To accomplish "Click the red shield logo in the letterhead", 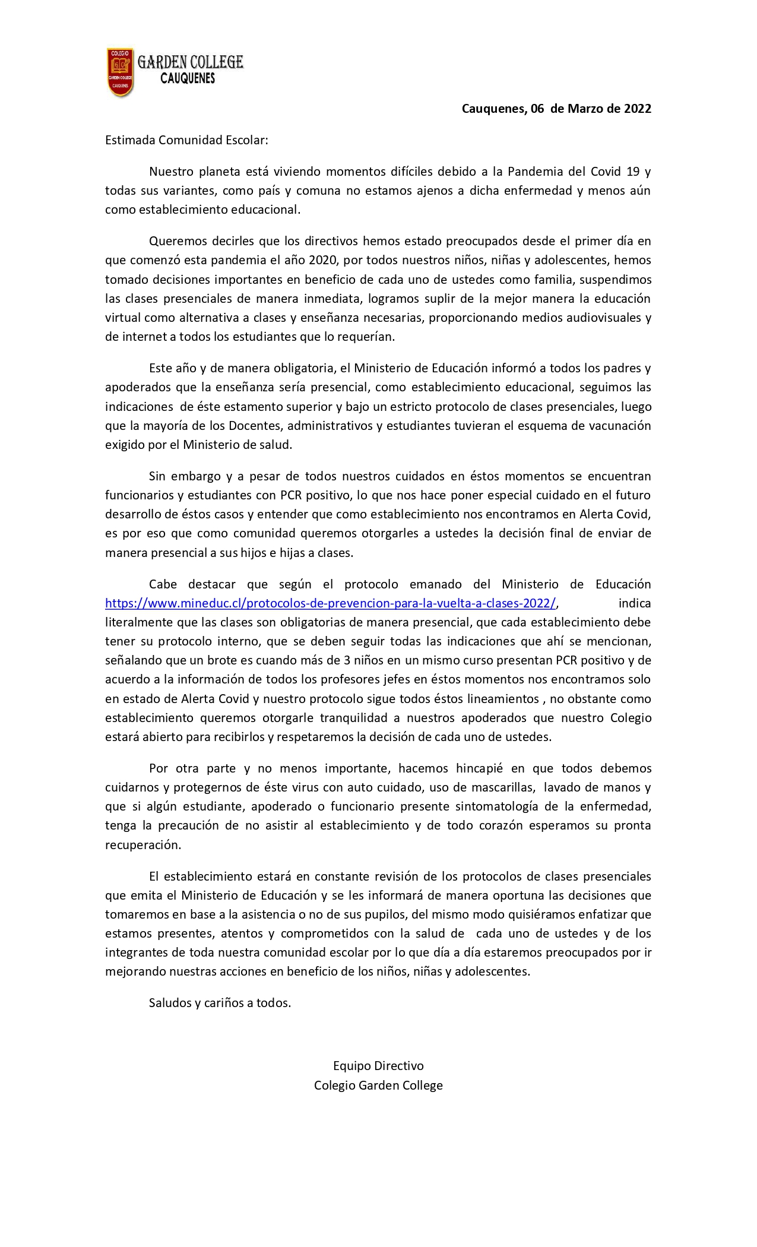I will coord(119,72).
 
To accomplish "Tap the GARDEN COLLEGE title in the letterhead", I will coord(190,62).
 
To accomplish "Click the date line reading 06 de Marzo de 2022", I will coord(556,109).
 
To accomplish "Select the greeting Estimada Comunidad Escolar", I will coord(187,141).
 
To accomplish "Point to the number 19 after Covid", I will coord(633,172).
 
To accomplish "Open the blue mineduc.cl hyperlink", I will coord(330,603).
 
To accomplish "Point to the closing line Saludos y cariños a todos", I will coord(220,1004).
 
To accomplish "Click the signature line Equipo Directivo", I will coord(378,1066).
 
